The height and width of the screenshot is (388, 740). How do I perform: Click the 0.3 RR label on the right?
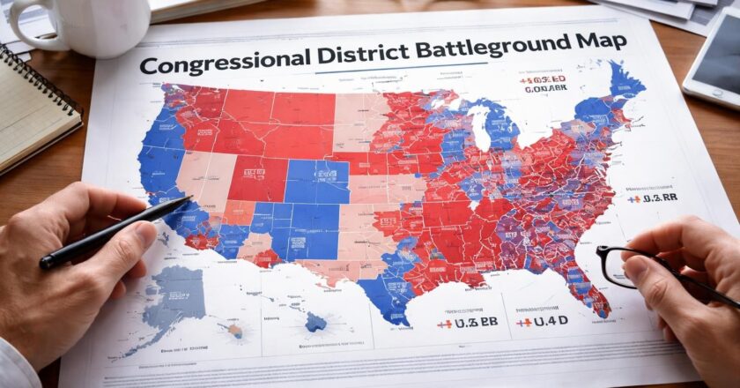tap(653, 198)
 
